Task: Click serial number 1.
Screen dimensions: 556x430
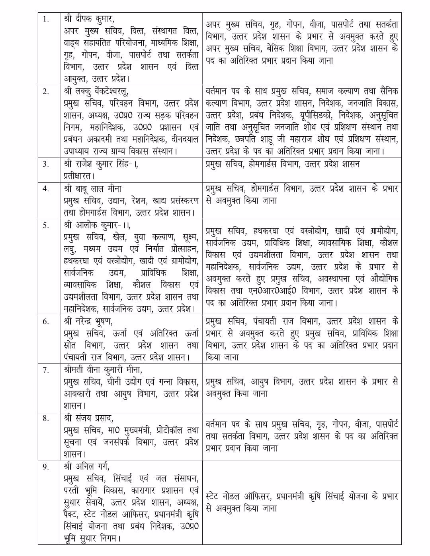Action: point(46,19)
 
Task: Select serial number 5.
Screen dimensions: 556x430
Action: point(46,225)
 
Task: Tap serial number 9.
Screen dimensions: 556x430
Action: point(46,466)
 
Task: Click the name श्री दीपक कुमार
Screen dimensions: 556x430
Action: point(88,19)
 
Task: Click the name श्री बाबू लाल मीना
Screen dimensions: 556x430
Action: point(92,189)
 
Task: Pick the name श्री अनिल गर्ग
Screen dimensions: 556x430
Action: point(86,466)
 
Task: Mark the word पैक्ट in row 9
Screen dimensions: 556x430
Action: point(72,515)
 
